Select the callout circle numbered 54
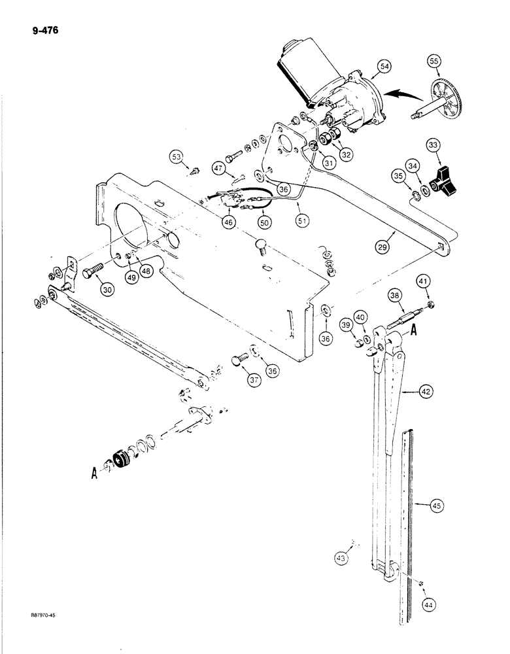click(384, 67)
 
